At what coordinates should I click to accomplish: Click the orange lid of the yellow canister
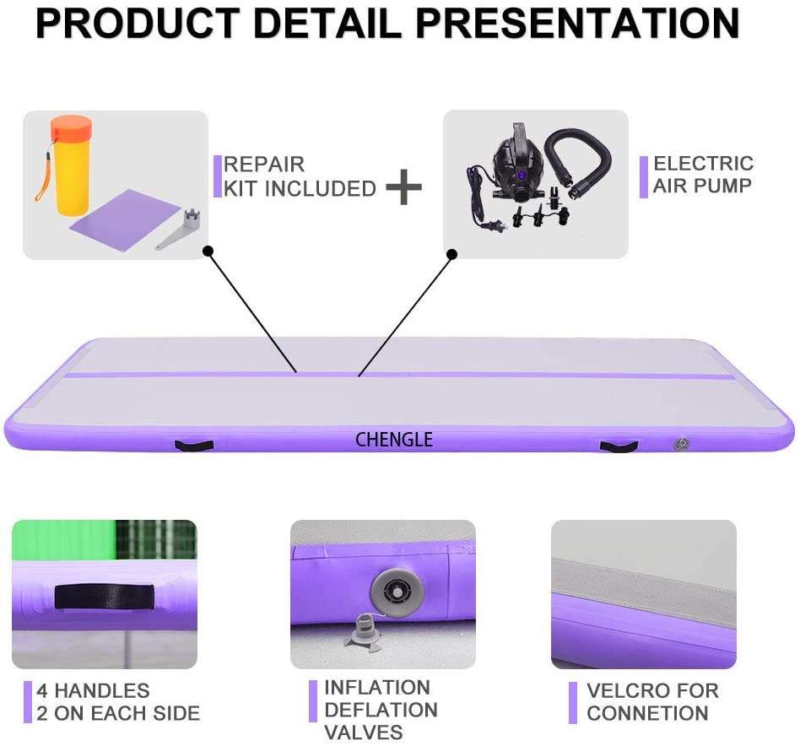click(x=71, y=130)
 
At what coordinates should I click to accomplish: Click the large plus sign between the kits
click(x=404, y=186)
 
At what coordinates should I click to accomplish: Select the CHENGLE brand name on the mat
click(x=393, y=440)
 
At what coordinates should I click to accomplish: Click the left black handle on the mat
click(x=193, y=444)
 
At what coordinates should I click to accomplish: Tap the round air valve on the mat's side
click(x=680, y=444)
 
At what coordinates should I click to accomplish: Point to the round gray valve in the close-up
click(x=393, y=590)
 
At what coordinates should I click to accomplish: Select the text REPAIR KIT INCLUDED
click(x=299, y=176)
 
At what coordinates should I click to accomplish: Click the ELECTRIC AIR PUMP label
click(x=702, y=174)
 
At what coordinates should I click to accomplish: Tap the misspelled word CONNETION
click(x=647, y=713)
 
